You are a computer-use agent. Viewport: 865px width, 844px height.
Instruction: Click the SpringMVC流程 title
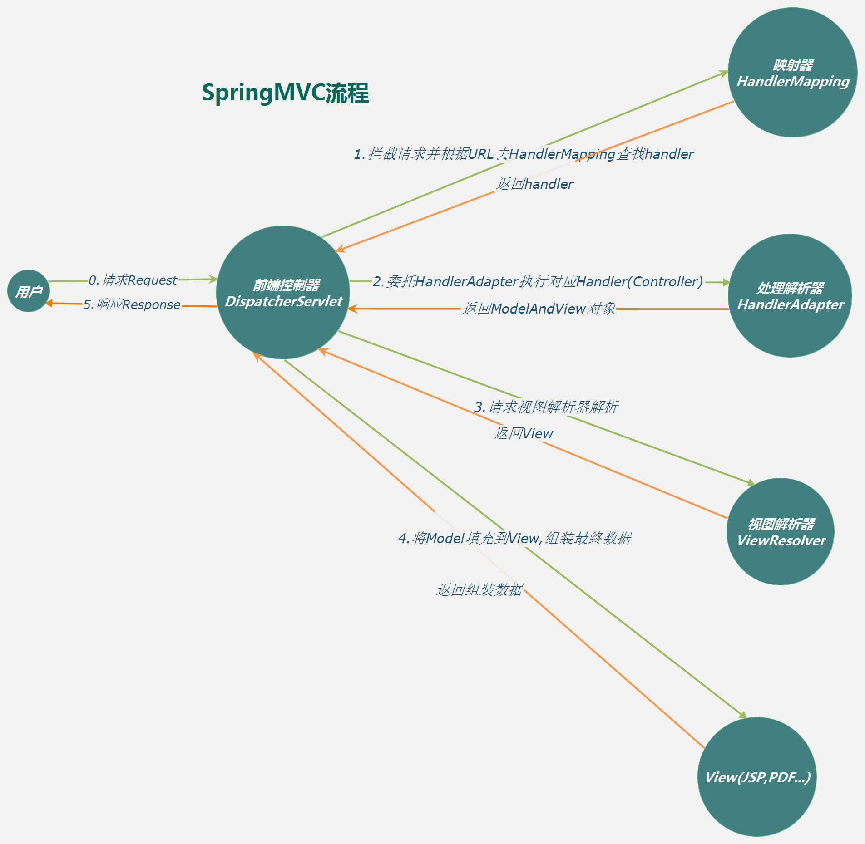285,93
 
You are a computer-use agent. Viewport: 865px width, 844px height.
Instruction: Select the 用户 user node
29,291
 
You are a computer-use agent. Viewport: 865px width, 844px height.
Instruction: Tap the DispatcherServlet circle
283,293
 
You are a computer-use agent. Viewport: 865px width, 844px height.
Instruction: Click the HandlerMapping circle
792,73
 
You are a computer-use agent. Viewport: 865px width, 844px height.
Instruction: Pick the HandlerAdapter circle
790,296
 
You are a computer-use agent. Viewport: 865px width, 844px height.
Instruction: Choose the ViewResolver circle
781,531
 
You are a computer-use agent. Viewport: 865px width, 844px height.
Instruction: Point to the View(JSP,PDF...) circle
757,777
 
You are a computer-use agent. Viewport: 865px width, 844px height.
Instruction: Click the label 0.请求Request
133,280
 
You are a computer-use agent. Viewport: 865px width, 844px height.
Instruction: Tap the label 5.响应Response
132,304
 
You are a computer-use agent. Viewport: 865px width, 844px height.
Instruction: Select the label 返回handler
535,184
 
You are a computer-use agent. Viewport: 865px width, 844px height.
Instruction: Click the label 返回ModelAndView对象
539,309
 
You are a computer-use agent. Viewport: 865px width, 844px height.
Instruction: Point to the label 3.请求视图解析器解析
546,407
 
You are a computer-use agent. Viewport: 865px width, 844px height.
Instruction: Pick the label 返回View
524,433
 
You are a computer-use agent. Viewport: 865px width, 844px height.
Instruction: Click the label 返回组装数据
479,589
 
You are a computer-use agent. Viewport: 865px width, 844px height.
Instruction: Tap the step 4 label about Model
514,538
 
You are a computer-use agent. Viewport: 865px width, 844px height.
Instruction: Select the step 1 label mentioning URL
524,154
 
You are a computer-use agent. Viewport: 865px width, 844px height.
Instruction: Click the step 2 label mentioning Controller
538,282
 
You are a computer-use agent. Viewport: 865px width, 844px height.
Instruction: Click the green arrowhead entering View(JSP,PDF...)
743,716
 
